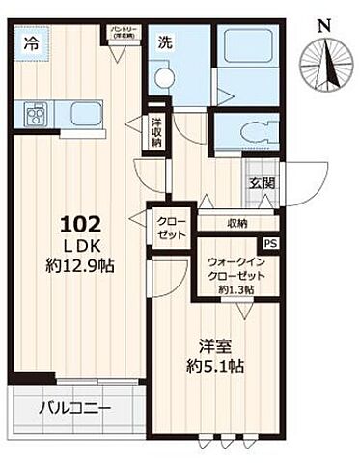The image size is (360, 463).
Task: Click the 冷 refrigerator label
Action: pyautogui.click(x=33, y=44)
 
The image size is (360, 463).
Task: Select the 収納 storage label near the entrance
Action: pyautogui.click(x=237, y=223)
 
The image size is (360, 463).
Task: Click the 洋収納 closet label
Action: pyautogui.click(x=156, y=132)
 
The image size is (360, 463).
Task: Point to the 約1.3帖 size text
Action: pyautogui.click(x=235, y=289)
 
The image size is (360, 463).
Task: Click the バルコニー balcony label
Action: pyautogui.click(x=75, y=407)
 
